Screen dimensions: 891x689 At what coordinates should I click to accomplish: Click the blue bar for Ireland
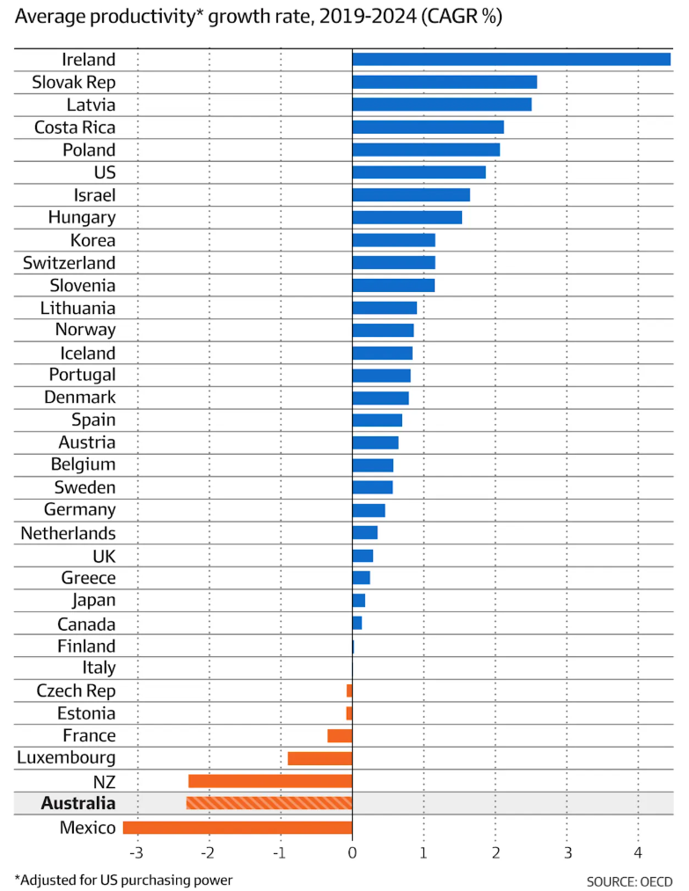510,59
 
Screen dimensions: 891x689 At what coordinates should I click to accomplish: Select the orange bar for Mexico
238,827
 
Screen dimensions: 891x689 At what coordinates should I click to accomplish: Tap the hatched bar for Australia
269,803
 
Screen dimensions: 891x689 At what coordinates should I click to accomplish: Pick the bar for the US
419,172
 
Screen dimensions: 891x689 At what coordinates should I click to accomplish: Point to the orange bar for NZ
270,781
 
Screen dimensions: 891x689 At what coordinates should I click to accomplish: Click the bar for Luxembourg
319,758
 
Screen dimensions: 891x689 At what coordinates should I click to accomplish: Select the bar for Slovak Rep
444,82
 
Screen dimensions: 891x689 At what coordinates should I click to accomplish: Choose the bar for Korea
393,240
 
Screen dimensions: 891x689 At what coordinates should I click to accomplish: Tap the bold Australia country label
77,803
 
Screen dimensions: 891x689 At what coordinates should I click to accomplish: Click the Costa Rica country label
75,128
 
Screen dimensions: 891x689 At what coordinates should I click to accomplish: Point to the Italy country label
99,668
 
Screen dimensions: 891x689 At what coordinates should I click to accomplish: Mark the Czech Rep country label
76,690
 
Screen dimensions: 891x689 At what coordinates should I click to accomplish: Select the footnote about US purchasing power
123,880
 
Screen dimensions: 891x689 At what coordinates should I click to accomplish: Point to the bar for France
340,735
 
